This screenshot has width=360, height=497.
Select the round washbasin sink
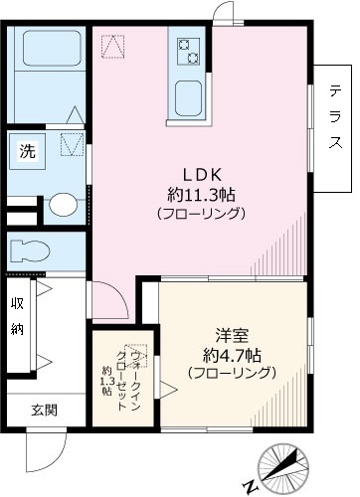pyautogui.click(x=63, y=206)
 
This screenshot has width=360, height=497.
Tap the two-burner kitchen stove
pyautogui.click(x=189, y=48)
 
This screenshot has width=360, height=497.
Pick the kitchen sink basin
pyautogui.click(x=189, y=97)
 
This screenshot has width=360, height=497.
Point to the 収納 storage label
pyautogui.click(x=19, y=316)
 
